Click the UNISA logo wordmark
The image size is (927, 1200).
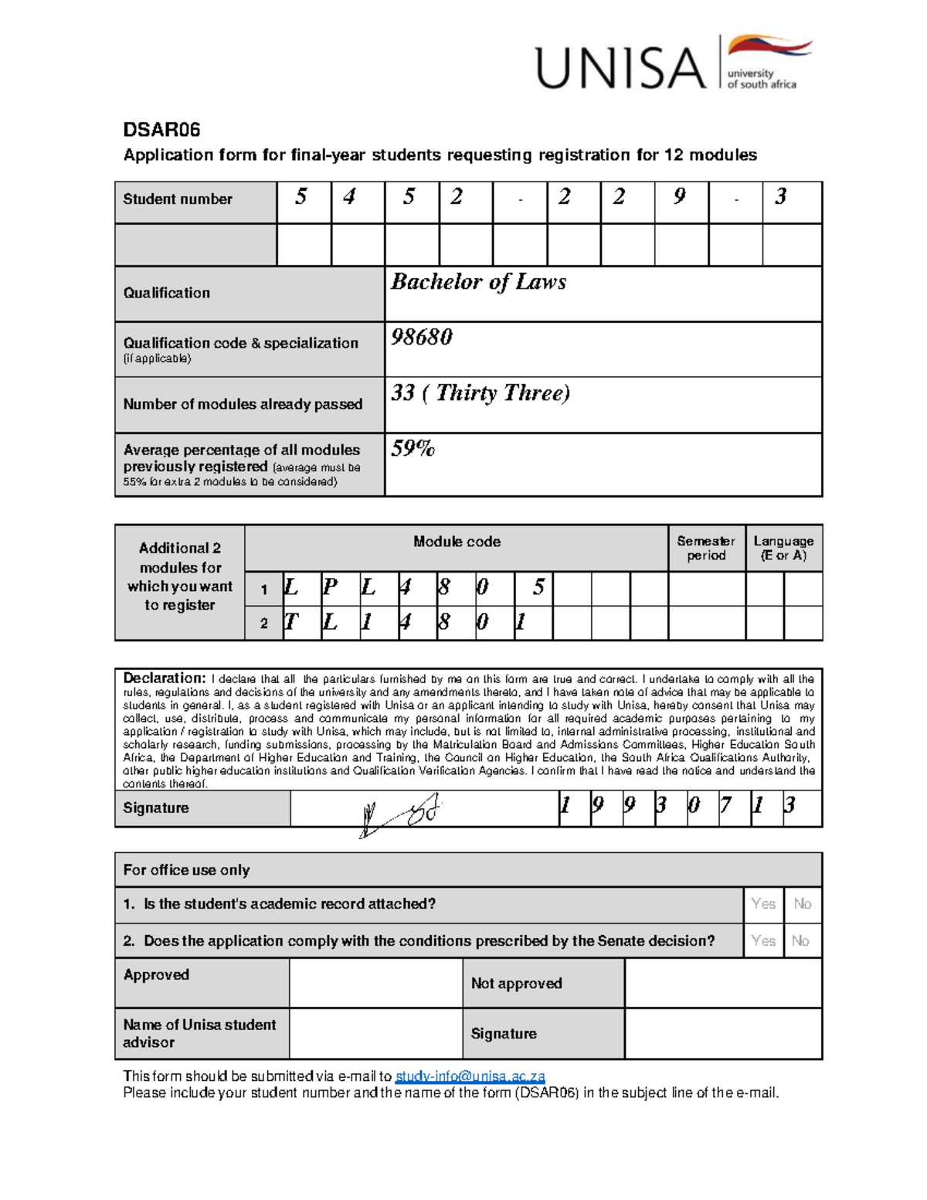[620, 68]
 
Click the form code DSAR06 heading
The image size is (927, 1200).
[162, 129]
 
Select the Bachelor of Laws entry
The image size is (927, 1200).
[478, 282]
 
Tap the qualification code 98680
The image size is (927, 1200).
[421, 337]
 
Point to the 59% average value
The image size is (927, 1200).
[413, 448]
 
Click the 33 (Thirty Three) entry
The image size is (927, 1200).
[480, 393]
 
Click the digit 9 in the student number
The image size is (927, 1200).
[679, 197]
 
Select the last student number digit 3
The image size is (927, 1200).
[781, 197]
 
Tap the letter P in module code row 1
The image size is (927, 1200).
[330, 588]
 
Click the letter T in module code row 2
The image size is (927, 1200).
[291, 622]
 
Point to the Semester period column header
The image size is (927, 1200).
[706, 548]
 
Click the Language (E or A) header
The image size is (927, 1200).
[783, 548]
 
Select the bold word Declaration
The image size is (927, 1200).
[164, 678]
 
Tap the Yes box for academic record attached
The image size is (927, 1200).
[763, 903]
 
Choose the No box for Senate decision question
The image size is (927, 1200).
[800, 940]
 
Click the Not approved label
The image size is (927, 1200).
[516, 983]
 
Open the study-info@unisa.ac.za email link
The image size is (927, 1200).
[470, 1076]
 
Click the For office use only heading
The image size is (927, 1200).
[186, 870]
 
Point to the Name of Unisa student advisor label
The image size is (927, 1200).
[199, 1033]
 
